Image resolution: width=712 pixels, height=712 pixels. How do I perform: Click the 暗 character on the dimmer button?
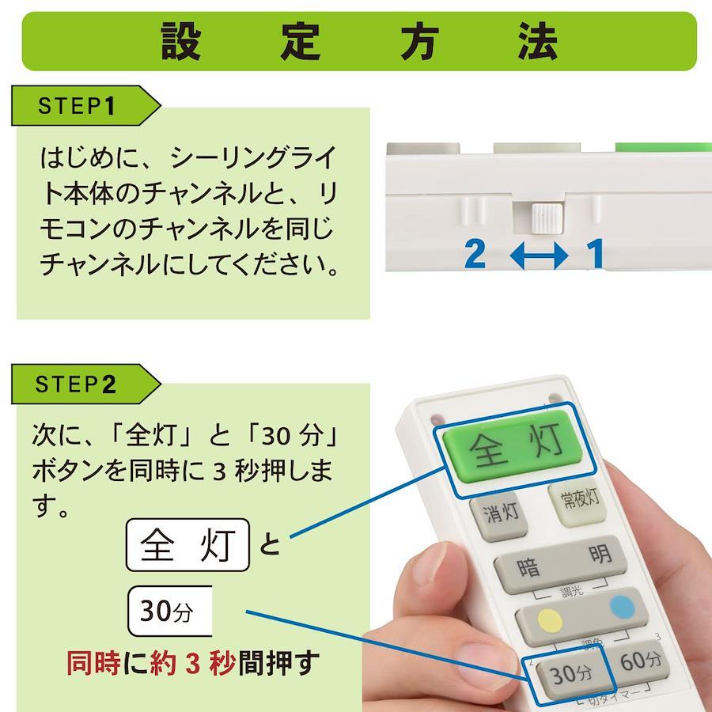pyautogui.click(x=528, y=567)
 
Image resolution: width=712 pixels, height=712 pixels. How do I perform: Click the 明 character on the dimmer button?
pyautogui.click(x=600, y=554)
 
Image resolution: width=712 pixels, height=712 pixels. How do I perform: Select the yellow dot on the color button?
pyautogui.click(x=550, y=621)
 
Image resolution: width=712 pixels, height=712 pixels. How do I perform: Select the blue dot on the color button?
pyautogui.click(x=622, y=607)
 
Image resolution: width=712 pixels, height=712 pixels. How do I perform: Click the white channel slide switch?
pyautogui.click(x=547, y=219)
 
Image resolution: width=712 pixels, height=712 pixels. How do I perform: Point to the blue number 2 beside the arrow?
pyautogui.click(x=475, y=254)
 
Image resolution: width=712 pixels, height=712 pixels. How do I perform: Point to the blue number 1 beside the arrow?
pyautogui.click(x=595, y=254)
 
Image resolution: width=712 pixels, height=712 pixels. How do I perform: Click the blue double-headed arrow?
pyautogui.click(x=539, y=256)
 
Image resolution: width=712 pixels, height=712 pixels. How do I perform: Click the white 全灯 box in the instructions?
pyautogui.click(x=187, y=545)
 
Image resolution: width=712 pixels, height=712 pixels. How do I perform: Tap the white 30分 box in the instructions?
pyautogui.click(x=170, y=612)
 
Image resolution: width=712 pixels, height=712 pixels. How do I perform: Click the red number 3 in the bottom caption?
pyautogui.click(x=192, y=664)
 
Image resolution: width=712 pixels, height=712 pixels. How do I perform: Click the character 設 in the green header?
pyautogui.click(x=180, y=41)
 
